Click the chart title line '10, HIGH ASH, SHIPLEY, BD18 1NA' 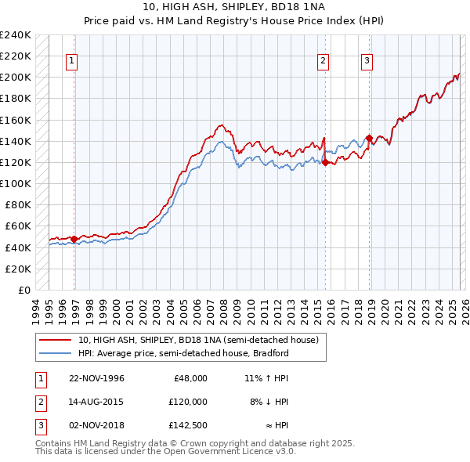[234, 6]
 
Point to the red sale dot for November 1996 [74, 239]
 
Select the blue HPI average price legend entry [183, 354]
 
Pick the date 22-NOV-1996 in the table [96, 377]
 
